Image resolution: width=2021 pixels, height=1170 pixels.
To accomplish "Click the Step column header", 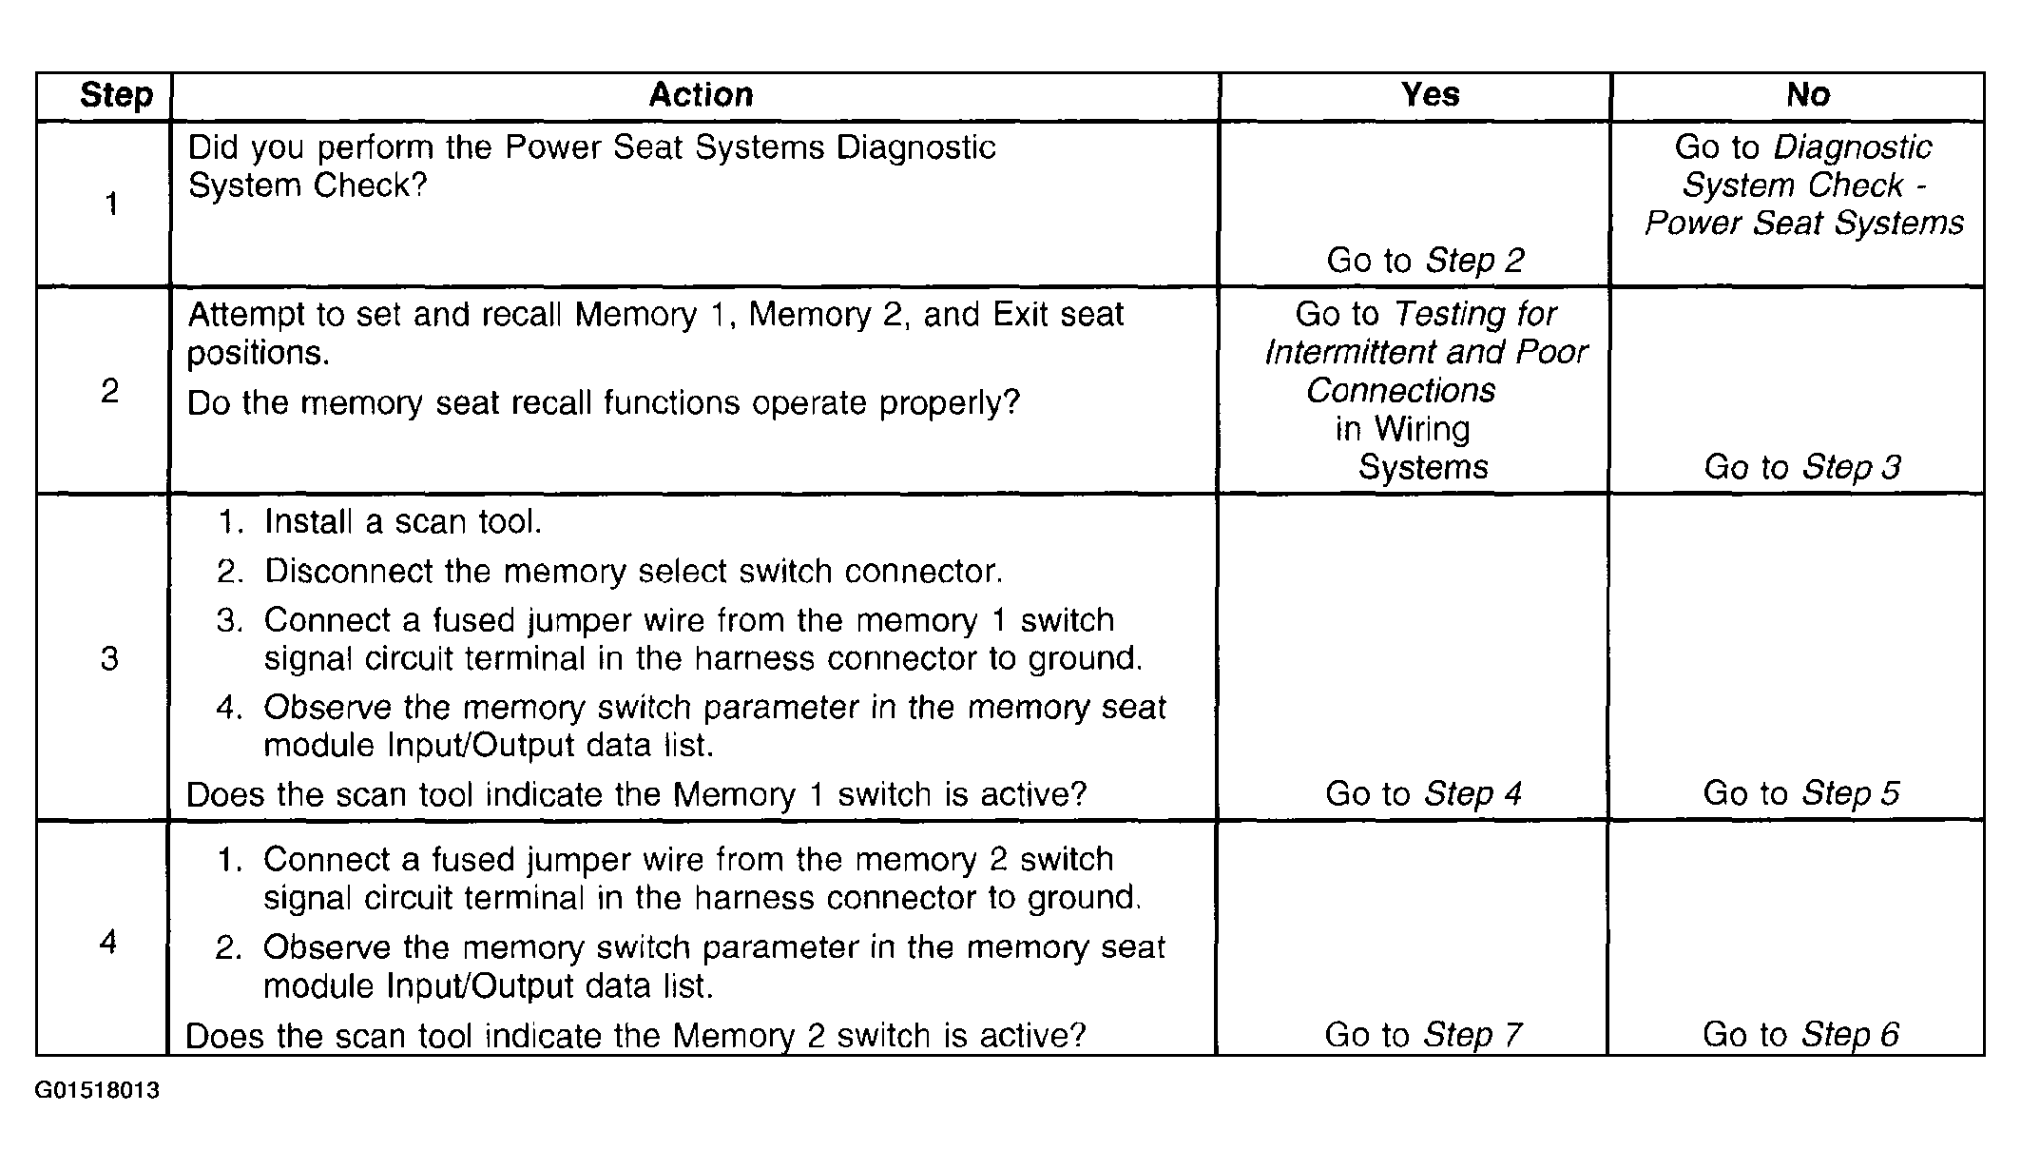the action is pos(116,95).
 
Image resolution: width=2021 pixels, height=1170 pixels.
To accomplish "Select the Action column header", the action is pos(701,95).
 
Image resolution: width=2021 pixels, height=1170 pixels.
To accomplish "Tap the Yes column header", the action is pos(1430,95).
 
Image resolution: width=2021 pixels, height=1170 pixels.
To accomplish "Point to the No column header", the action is pos(1807,95).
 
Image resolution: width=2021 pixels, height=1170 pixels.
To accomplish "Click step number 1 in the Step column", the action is pos(111,204).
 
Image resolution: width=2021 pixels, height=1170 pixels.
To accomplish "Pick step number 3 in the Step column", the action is pos(109,658).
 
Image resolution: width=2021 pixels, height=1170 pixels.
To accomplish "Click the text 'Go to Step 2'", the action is pos(1425,260).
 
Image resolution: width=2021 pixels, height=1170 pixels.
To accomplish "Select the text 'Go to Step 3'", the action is pos(1802,467).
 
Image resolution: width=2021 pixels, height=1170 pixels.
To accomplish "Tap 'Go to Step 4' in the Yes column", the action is pos(1423,793).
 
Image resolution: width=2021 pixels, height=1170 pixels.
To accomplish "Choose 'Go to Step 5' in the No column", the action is pos(1800,793).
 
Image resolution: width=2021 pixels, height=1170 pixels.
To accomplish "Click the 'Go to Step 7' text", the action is pos(1423,1035).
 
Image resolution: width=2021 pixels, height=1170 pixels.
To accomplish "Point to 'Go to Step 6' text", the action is pos(1800,1035).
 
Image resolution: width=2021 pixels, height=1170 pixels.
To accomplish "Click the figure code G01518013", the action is pos(97,1091).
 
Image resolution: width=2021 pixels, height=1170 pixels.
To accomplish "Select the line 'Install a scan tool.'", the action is pos(403,521).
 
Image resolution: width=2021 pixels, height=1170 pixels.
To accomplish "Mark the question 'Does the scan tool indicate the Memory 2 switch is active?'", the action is pos(635,1035).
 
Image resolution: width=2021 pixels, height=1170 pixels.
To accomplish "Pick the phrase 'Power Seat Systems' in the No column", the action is pos(1804,223).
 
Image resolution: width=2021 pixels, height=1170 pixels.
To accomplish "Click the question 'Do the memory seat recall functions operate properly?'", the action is pos(603,403).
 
